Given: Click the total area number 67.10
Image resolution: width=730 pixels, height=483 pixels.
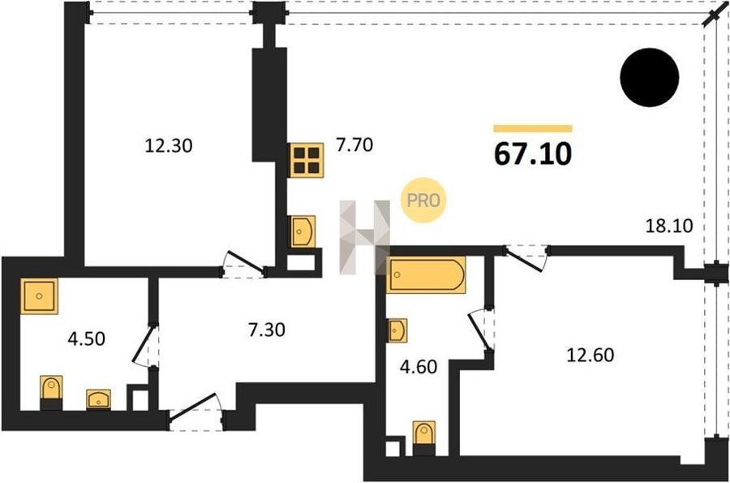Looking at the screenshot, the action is [533, 153].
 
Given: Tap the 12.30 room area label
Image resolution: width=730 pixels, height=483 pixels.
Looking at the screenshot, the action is [169, 146].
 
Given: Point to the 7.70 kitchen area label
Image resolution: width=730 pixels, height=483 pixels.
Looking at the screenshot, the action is [354, 144].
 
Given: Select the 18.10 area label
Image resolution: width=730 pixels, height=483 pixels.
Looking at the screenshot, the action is [669, 226].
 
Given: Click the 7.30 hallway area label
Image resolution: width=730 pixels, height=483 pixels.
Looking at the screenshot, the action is [267, 330].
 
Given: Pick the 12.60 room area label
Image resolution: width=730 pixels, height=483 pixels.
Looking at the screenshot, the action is [590, 355].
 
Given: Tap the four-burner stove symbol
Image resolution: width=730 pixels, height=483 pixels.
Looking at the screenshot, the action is [307, 160].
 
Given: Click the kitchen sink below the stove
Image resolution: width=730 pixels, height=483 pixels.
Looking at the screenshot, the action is [303, 231].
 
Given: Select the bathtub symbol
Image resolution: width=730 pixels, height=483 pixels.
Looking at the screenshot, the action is [426, 275].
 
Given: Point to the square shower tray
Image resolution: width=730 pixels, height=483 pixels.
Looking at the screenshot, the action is [39, 295].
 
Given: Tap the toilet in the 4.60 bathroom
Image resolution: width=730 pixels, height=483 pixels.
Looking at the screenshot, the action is [424, 438].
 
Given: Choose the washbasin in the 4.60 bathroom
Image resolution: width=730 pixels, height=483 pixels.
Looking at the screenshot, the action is [397, 330].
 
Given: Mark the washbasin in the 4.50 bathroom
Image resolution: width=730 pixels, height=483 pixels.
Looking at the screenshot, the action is [99, 399].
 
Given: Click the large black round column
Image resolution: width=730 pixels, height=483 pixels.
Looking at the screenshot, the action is [650, 77].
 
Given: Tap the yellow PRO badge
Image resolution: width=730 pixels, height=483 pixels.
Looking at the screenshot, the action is [423, 201].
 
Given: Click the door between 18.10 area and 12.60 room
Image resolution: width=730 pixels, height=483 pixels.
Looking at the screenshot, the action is [527, 257].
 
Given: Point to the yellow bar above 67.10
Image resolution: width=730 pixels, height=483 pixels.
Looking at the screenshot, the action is [533, 128].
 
